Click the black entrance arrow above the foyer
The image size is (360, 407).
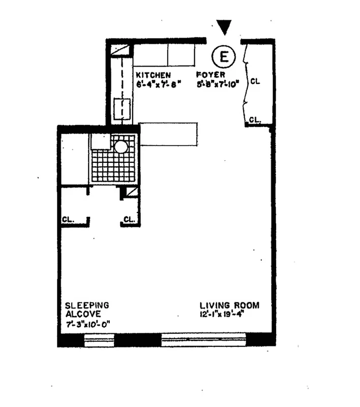click(x=224, y=26)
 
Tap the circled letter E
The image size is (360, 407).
click(x=223, y=56)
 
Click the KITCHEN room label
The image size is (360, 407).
click(x=153, y=75)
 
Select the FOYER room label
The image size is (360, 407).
click(x=211, y=75)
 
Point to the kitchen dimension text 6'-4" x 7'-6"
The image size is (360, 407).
click(x=158, y=84)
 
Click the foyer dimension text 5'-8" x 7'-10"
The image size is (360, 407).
click(x=217, y=84)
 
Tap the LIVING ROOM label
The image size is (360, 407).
click(x=229, y=306)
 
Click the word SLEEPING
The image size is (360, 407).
click(x=87, y=305)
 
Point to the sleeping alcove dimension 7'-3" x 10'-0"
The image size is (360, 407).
click(x=87, y=324)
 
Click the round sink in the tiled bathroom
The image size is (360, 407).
click(x=121, y=147)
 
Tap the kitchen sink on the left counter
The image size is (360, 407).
click(x=122, y=108)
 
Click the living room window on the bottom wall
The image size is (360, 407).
click(x=203, y=339)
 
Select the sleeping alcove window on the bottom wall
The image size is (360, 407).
click(x=99, y=339)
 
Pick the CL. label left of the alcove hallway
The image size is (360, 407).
click(x=69, y=220)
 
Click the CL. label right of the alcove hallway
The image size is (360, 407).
click(x=129, y=220)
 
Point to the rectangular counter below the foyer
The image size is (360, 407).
click(x=168, y=134)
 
